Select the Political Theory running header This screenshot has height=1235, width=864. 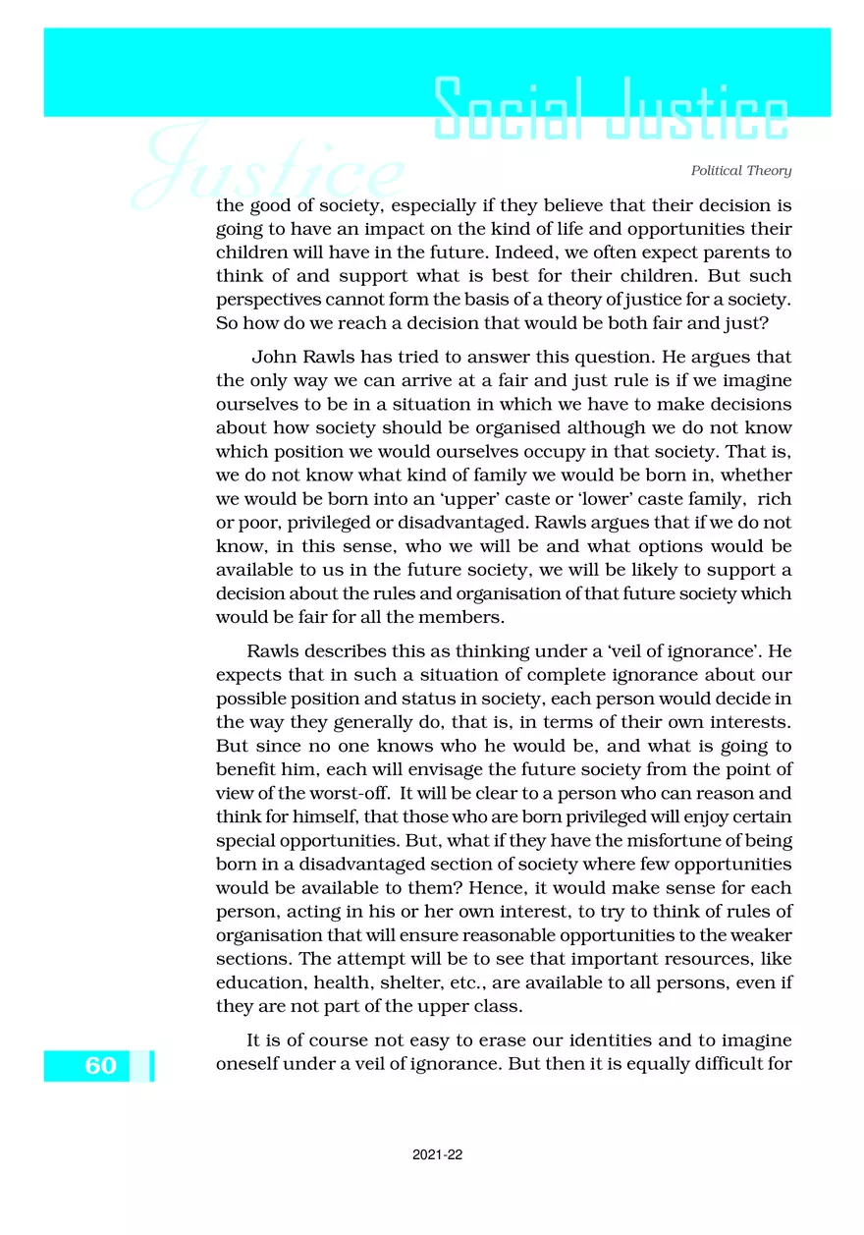click(x=741, y=171)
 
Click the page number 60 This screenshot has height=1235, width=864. click(x=100, y=1066)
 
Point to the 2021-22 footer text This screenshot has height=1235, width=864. click(x=438, y=1155)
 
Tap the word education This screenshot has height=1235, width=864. click(x=258, y=981)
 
